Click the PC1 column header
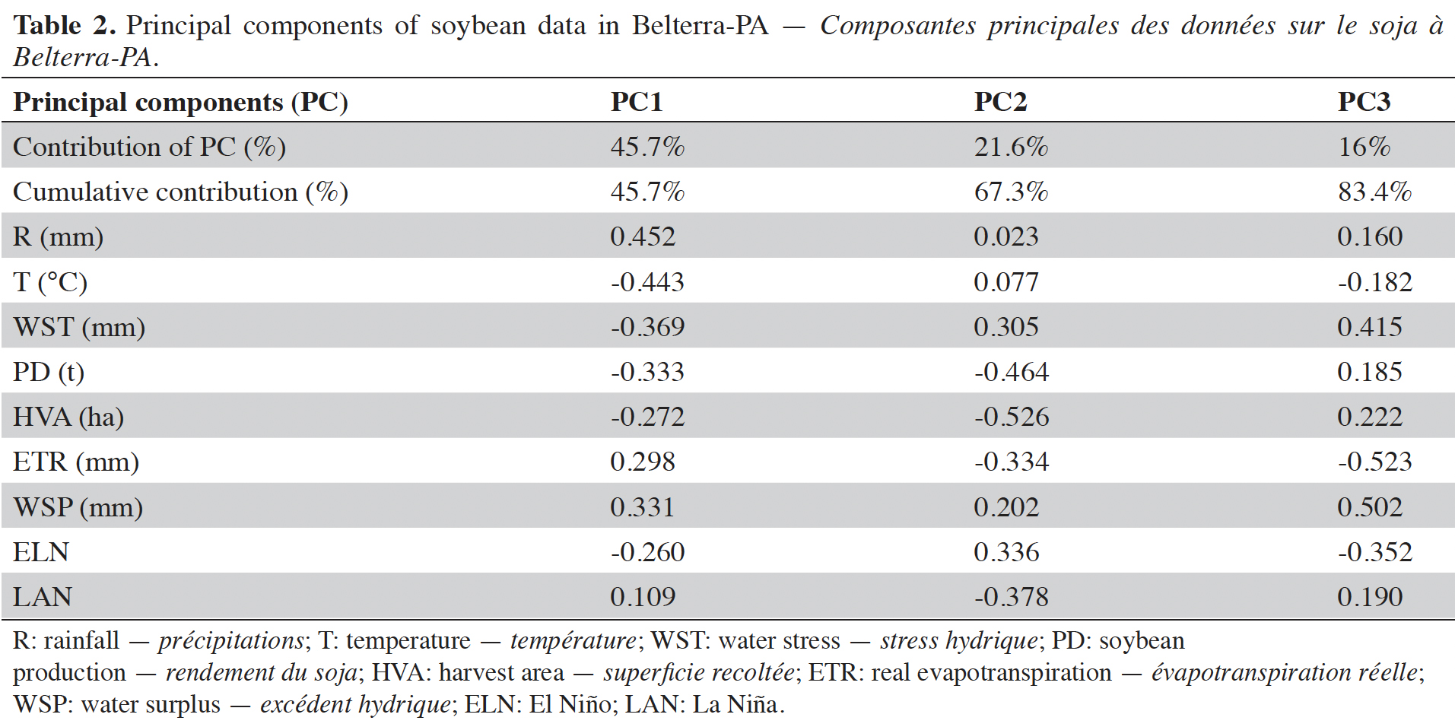point(637,101)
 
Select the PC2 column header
point(1000,101)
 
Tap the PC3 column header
point(1364,101)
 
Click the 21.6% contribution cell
point(1011,146)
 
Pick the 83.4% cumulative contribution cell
point(1374,191)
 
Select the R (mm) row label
point(58,237)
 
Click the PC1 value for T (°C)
point(647,282)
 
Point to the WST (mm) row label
point(79,327)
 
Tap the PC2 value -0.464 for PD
point(1012,372)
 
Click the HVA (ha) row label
point(68,417)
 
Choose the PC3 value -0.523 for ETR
point(1375,462)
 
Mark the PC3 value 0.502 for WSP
point(1370,507)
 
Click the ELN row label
point(41,552)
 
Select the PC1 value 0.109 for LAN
point(643,597)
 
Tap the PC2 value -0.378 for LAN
point(1012,597)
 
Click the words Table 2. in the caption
point(64,25)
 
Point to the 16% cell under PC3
point(1364,146)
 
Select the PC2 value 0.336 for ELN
point(1006,552)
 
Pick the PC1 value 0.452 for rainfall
point(643,237)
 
